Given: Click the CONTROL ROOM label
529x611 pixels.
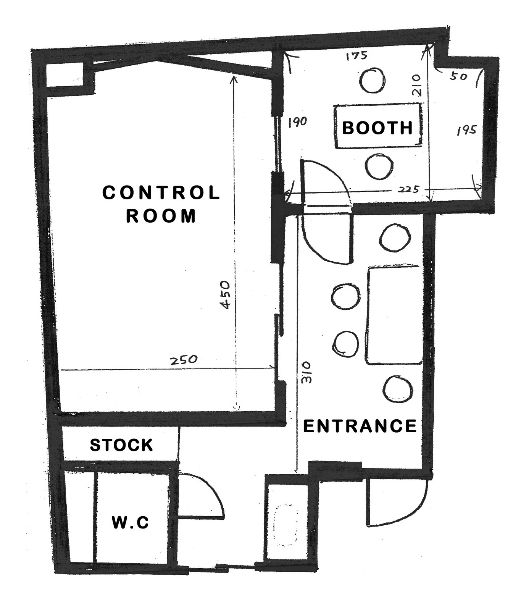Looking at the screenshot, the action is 161,204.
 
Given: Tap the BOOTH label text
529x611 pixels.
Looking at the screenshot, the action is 377,128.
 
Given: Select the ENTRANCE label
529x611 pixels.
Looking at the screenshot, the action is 360,426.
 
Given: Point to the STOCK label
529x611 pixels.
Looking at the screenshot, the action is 121,445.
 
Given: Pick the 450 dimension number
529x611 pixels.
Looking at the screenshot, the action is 225,295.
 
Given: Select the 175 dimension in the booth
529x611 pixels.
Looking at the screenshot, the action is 356,56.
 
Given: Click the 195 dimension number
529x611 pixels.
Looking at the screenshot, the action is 466,131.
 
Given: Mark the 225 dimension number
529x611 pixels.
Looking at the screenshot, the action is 409,189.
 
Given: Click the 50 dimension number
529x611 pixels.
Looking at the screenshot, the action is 459,76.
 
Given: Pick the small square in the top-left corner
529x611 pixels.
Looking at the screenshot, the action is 65,75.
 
